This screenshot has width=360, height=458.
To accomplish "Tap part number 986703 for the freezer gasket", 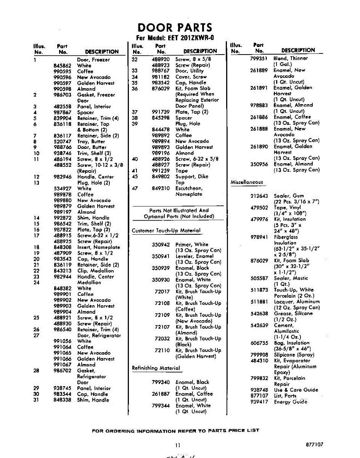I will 62,95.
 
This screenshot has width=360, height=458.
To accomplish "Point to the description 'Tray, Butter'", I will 92,141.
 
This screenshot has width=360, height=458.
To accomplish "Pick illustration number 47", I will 134,189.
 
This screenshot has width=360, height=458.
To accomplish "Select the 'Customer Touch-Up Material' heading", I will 166,231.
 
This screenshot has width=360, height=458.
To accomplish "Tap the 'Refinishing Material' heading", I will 156,368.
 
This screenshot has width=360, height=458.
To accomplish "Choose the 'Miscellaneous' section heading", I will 247,182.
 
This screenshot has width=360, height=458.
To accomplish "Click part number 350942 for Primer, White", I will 161,245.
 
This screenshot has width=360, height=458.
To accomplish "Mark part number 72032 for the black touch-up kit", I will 162,339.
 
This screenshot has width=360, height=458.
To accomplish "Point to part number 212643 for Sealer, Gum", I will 259,196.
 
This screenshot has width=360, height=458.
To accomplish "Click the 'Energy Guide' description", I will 290,402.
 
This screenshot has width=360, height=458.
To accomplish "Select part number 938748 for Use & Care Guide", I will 259,390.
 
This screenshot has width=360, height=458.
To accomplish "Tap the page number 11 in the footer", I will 178,445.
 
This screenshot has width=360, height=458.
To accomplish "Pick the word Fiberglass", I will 286,237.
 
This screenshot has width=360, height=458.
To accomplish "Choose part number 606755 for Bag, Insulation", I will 259,343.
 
